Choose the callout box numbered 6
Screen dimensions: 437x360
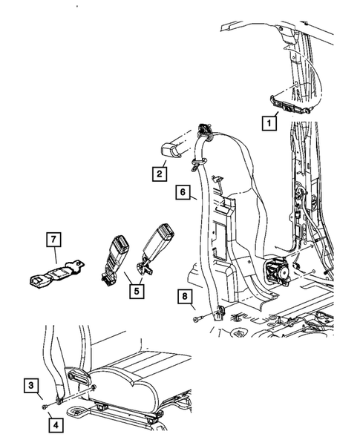(181, 192)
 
